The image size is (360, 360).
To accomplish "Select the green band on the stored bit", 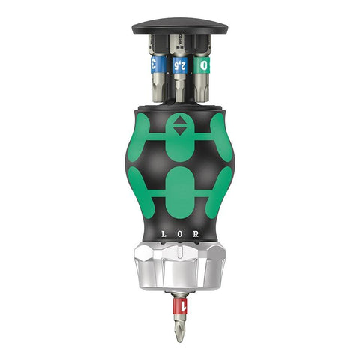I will pos(204,65).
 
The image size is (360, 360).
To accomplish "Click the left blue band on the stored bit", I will pos(157,65).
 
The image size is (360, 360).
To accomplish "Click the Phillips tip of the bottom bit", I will pos(180,331).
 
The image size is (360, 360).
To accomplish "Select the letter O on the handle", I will pos(179,234).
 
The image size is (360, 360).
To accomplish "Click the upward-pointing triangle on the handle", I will pos(180,121).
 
